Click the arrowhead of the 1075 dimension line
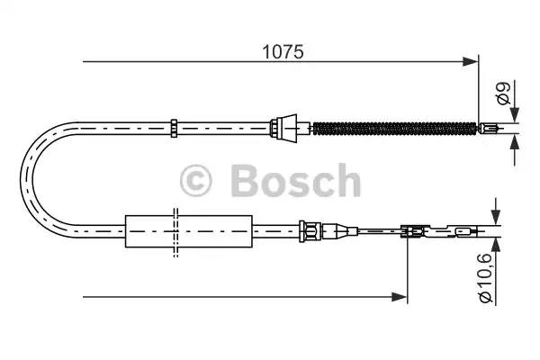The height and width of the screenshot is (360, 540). [x=471, y=62]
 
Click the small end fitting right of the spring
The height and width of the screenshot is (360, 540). [x=490, y=128]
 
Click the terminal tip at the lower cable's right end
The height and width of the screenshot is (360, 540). [x=463, y=234]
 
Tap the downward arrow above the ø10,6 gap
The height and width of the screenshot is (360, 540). [x=493, y=220]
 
